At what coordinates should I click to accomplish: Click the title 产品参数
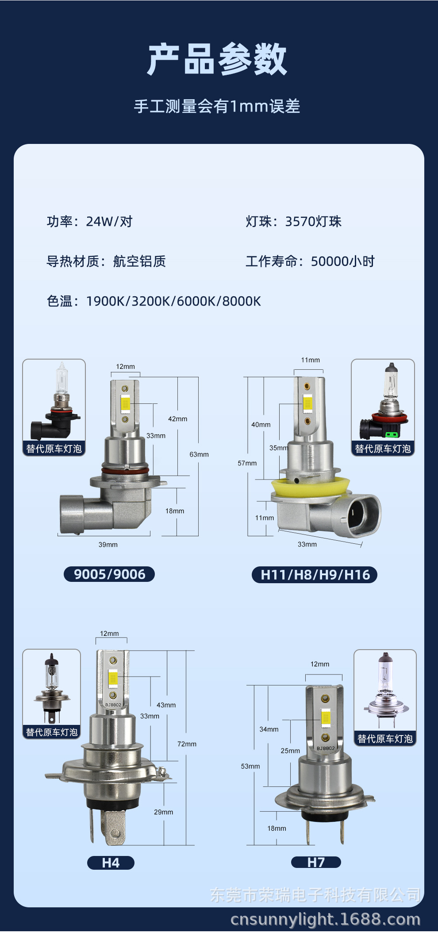217,59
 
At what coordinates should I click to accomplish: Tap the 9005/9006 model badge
109,574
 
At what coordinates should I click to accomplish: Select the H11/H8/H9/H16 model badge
315,574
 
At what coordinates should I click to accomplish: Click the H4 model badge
111,863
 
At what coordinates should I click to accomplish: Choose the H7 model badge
316,862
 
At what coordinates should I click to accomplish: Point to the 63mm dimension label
199,454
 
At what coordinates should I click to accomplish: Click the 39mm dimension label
108,545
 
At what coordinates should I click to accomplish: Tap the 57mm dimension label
247,463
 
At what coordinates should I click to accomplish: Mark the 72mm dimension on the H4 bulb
187,744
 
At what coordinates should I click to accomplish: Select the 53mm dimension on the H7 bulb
250,766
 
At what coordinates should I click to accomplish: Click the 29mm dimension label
163,812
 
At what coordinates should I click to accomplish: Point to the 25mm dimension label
290,751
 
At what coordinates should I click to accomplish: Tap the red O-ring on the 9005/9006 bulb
125,470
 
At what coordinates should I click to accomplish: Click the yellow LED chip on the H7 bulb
326,718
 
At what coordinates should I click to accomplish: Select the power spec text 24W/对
109,221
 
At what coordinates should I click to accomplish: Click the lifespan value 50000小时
342,261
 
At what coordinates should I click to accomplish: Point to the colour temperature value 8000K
241,301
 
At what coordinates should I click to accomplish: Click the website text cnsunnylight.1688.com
325,919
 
